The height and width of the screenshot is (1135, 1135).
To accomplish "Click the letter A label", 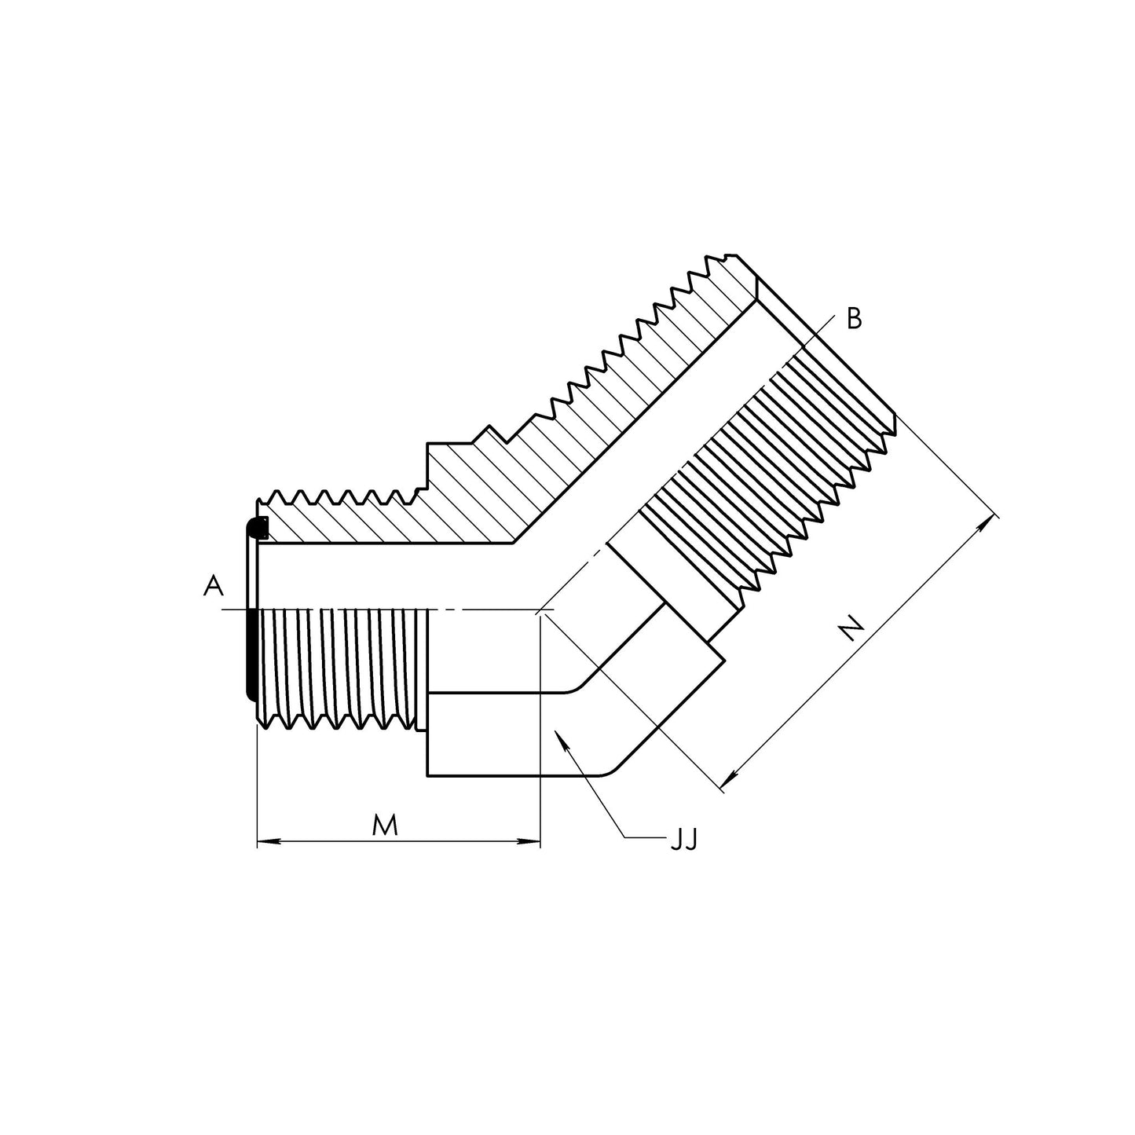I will click(x=213, y=585).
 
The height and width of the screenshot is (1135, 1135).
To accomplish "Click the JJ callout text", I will click(x=683, y=841).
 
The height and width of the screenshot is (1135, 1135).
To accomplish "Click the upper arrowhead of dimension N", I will click(x=987, y=525).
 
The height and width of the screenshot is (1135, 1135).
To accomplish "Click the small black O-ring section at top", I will click(x=258, y=528).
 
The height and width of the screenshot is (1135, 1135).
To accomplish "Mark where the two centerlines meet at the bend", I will click(x=540, y=610).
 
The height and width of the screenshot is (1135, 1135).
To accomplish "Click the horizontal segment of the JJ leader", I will click(x=644, y=838).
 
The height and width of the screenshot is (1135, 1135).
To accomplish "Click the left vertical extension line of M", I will click(x=258, y=785).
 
